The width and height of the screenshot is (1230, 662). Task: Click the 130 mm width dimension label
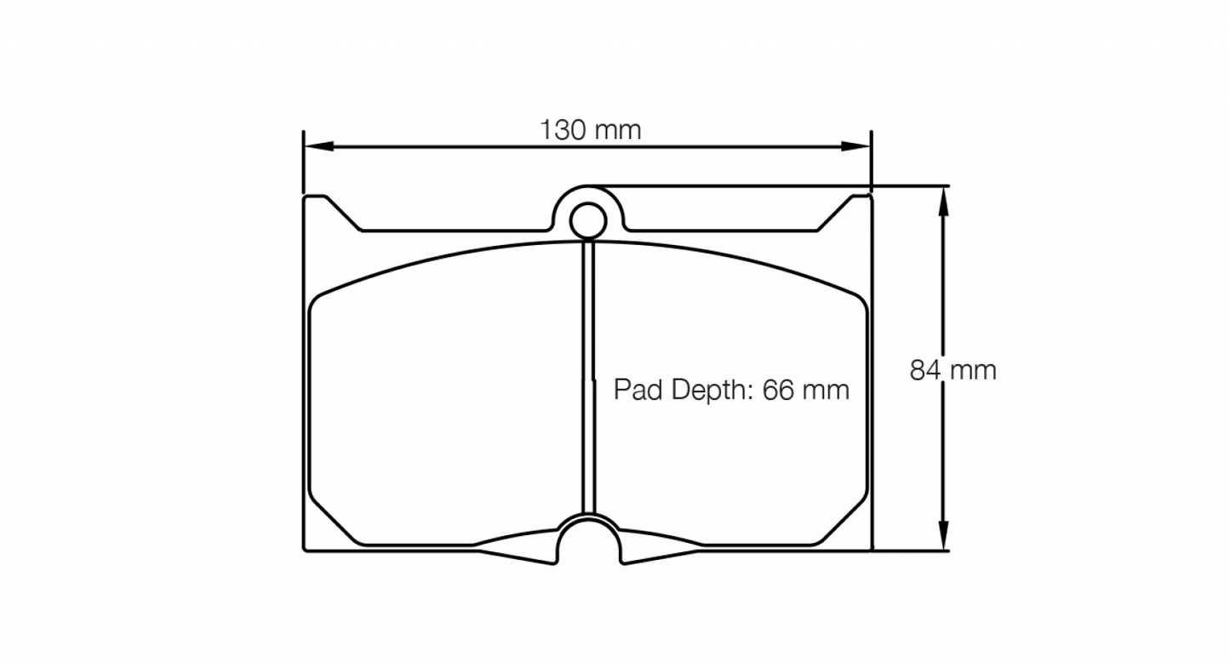point(590,130)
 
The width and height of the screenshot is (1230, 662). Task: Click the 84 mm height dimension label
point(953,370)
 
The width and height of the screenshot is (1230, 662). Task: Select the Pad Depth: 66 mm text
point(731,391)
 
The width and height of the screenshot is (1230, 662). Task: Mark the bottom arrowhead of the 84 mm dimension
point(942,538)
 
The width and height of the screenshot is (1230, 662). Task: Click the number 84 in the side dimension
point(926,370)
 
